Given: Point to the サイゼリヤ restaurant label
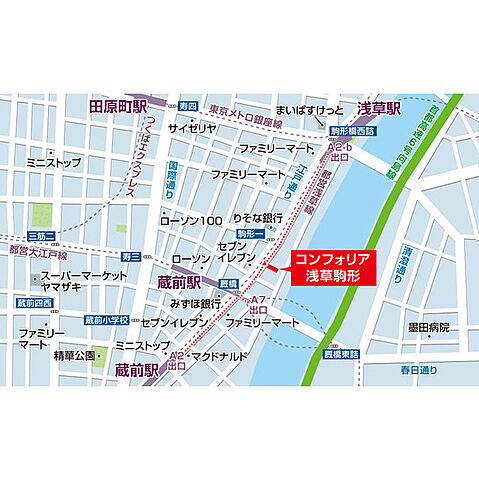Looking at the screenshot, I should pyautogui.click(x=191, y=129).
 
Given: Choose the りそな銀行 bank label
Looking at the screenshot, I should pyautogui.click(x=256, y=216).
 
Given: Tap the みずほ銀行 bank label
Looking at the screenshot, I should pyautogui.click(x=197, y=302).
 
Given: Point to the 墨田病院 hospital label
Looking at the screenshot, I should pyautogui.click(x=430, y=327).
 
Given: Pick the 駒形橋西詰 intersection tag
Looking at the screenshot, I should pyautogui.click(x=351, y=129).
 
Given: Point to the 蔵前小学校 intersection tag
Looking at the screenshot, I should pyautogui.click(x=107, y=320).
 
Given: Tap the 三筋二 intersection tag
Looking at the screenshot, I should pyautogui.click(x=40, y=236).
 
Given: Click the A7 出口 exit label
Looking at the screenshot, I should pyautogui.click(x=257, y=304).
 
